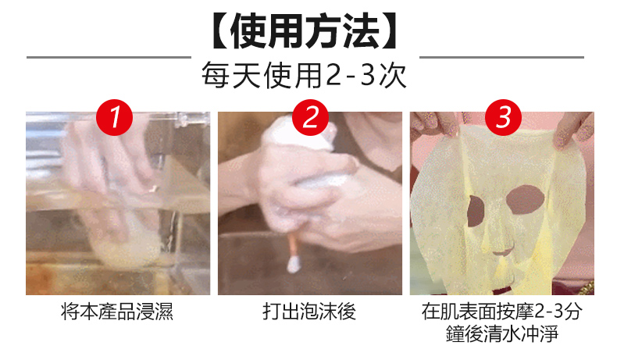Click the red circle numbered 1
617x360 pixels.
114,117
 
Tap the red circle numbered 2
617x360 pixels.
310,117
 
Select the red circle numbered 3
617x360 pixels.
503,117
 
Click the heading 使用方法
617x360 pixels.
305,30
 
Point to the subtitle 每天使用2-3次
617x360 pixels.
304,76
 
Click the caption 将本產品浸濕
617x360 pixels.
117,312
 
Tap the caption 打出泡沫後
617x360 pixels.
309,312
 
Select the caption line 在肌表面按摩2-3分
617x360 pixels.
501,312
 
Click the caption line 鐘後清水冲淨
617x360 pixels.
502,333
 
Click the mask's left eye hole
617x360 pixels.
476,211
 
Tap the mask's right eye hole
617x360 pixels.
526,199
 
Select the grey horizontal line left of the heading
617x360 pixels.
109,58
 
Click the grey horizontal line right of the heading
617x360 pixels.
501,58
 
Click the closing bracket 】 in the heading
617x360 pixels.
390,30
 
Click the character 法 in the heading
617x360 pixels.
362,30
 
